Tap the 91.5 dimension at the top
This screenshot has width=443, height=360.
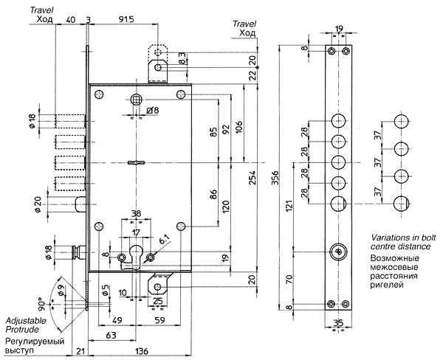pyautogui.click(x=126, y=21)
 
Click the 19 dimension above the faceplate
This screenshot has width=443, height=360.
pyautogui.click(x=339, y=30)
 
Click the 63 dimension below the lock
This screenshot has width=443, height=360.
pyautogui.click(x=111, y=335)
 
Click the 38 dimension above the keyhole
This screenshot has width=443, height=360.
pyautogui.click(x=136, y=214)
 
